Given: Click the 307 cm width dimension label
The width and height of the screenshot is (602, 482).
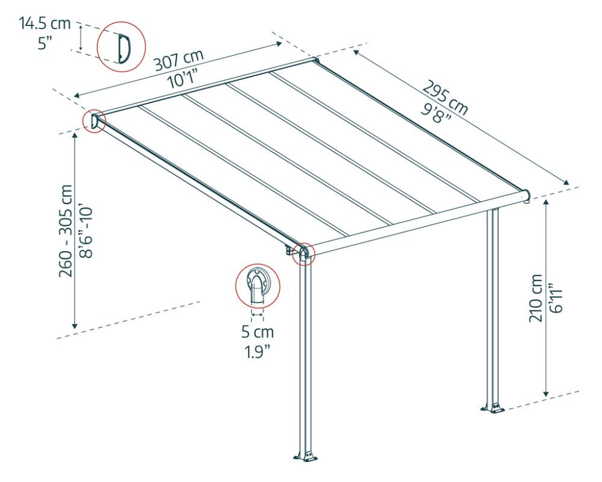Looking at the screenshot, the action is (x=179, y=61).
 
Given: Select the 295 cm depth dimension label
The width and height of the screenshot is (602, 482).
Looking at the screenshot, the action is (x=445, y=98).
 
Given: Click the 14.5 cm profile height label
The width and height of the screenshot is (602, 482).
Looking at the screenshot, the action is (x=45, y=23).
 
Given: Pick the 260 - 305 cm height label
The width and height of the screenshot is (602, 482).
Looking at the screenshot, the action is (x=66, y=231).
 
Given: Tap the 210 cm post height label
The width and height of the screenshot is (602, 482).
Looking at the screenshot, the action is (x=536, y=298).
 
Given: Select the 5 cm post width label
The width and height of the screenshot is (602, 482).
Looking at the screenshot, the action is (x=257, y=332).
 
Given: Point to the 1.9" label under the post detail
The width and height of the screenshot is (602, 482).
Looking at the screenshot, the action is (x=257, y=351).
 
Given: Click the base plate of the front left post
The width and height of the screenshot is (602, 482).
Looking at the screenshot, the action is (x=306, y=457).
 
